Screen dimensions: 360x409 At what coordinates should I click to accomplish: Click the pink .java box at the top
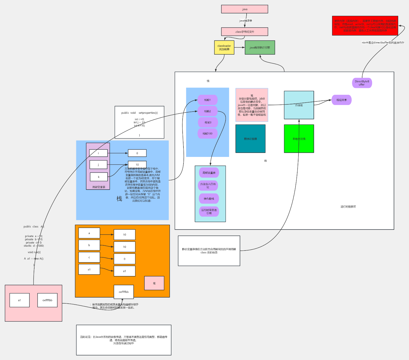click(244, 9)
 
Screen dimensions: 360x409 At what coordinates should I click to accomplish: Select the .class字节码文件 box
click(244, 31)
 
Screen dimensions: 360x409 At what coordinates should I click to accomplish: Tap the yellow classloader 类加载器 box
click(224, 47)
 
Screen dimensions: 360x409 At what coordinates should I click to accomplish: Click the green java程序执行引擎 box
click(260, 47)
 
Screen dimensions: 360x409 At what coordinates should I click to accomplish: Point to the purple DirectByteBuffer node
click(362, 83)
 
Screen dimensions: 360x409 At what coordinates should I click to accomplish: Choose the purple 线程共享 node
click(341, 100)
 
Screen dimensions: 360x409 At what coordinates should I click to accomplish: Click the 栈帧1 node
click(208, 100)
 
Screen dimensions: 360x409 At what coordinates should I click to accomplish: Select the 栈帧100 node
click(208, 133)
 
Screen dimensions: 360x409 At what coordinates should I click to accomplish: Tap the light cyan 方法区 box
click(299, 105)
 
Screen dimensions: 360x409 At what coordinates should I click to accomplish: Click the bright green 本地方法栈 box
click(299, 139)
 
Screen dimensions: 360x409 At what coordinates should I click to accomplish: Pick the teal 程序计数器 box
click(250, 139)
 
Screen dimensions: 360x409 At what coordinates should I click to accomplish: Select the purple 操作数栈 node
click(209, 199)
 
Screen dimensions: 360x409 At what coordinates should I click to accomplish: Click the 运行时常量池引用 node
click(209, 211)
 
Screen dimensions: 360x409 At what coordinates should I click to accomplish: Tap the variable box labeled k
click(98, 177)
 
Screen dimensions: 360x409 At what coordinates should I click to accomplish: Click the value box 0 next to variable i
click(137, 153)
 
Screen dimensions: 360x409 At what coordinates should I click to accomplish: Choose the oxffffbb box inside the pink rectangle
click(47, 300)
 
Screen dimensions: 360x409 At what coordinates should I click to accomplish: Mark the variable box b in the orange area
click(89, 245)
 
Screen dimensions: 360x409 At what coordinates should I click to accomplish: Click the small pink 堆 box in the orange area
click(154, 283)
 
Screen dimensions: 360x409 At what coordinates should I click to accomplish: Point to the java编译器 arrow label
click(245, 21)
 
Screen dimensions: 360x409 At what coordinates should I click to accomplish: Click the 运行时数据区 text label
click(348, 207)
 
